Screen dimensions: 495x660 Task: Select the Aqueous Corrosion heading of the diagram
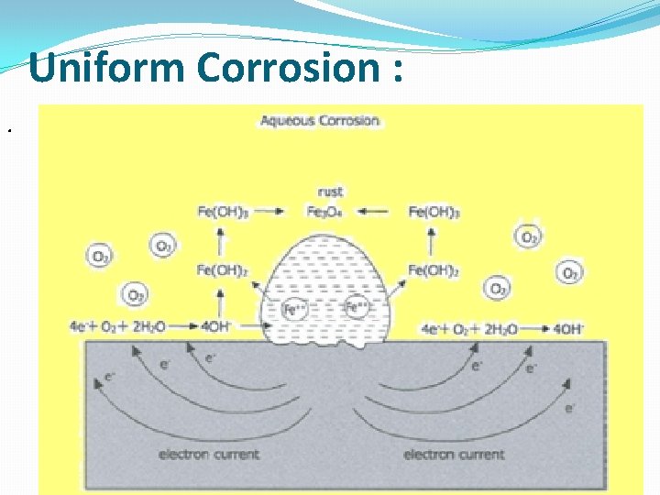320,121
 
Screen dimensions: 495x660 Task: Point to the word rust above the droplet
330,192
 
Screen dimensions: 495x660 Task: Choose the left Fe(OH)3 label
221,212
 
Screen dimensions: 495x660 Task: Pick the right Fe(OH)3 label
434,212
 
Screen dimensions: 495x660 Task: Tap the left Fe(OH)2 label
221,269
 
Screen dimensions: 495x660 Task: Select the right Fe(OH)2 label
434,269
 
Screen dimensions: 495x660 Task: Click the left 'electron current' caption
209,453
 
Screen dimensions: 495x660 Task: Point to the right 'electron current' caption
455,453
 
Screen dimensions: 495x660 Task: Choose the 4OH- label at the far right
569,327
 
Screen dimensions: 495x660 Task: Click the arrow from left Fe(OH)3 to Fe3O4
277,212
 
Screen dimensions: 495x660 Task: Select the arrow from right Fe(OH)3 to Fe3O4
378,212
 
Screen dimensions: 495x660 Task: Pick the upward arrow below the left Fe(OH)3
221,240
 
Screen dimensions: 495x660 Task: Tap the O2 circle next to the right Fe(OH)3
530,237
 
